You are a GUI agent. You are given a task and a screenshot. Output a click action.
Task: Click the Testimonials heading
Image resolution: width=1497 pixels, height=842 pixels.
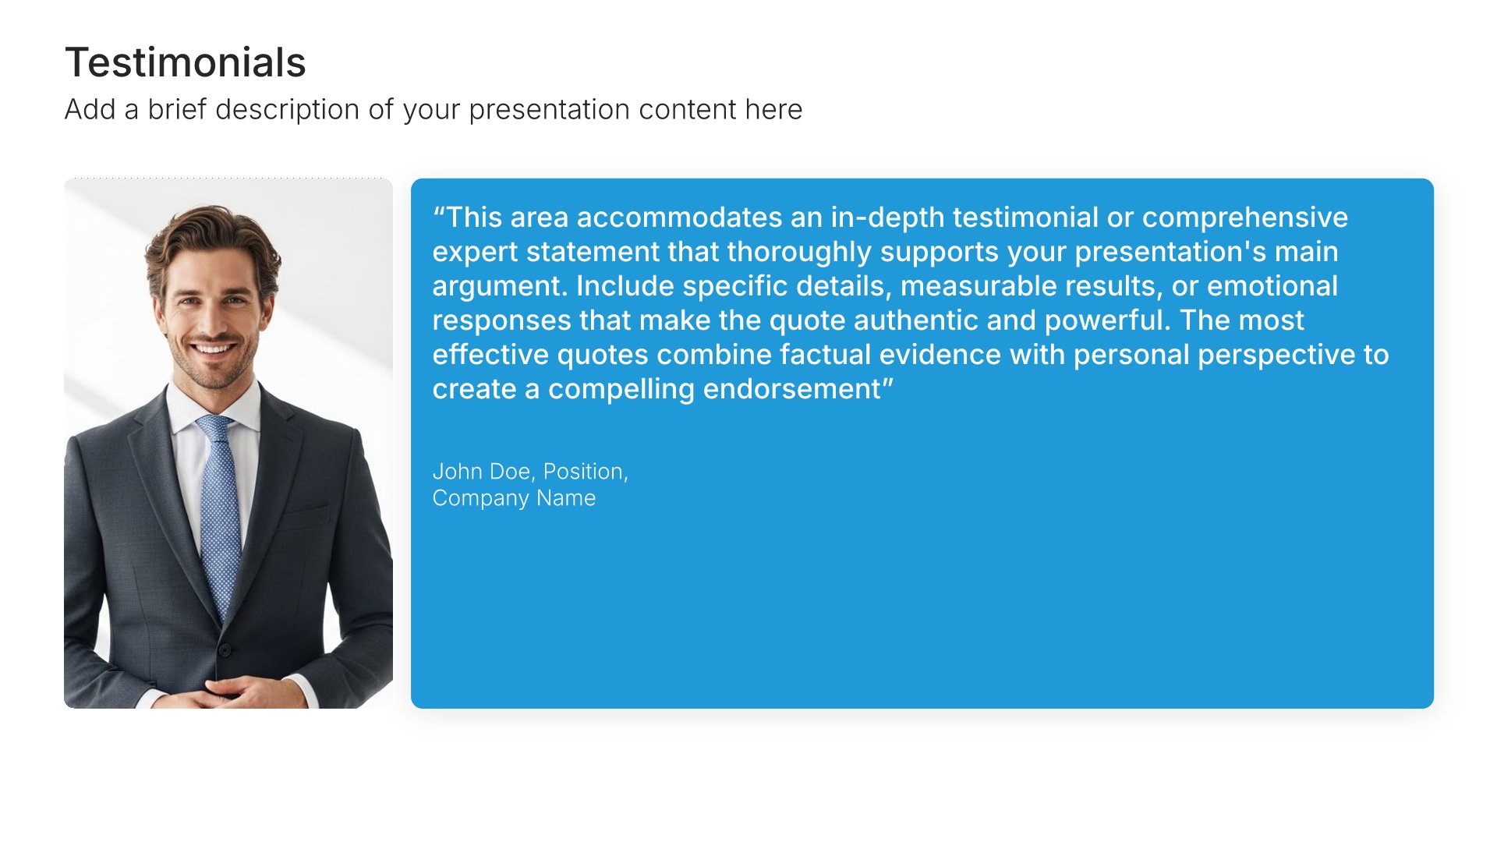(x=186, y=62)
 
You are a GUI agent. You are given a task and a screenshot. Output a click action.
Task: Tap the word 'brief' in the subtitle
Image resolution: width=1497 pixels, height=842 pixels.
(x=177, y=109)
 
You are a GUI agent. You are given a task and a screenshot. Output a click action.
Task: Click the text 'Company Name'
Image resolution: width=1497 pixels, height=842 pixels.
(x=514, y=498)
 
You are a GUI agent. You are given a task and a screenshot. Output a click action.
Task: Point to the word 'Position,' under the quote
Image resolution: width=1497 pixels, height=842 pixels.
(x=586, y=472)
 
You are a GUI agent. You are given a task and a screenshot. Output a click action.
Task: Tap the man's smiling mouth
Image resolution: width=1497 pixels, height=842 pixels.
(x=214, y=346)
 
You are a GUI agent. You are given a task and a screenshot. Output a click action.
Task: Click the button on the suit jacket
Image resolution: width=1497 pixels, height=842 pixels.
(x=225, y=649)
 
